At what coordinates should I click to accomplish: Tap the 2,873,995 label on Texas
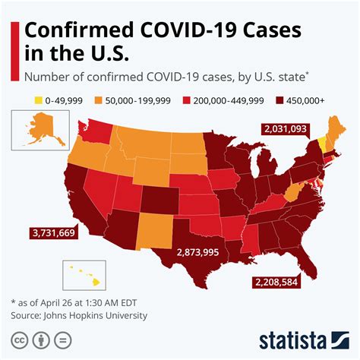click(x=197, y=252)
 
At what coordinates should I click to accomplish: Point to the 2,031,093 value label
click(x=284, y=130)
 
